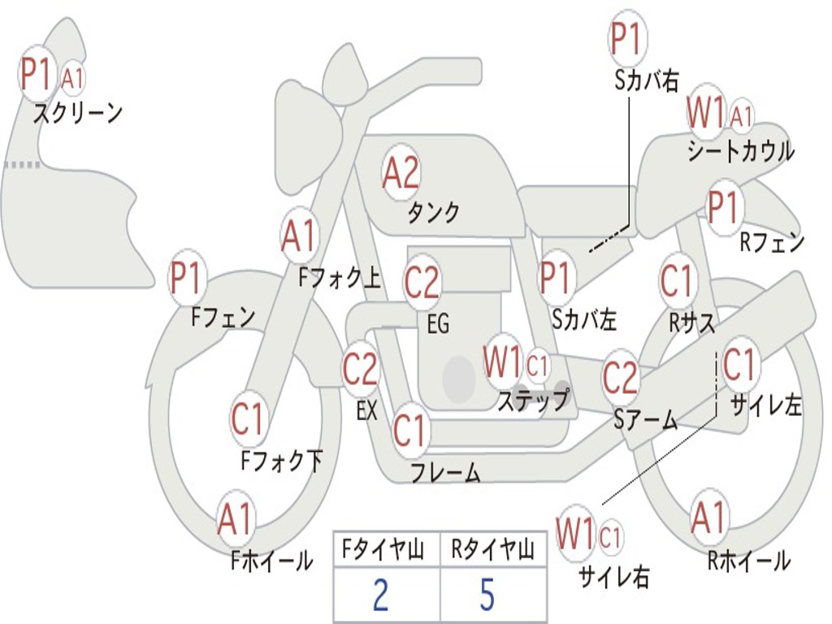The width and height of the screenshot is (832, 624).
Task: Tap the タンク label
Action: [x=433, y=213]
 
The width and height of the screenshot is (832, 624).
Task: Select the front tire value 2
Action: [x=380, y=595]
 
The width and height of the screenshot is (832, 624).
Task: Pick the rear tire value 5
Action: [x=487, y=595]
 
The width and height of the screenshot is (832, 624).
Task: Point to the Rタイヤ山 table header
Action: [x=492, y=552]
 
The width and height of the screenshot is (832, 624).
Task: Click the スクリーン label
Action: [x=77, y=113]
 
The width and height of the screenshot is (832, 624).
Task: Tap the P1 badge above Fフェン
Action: [x=188, y=279]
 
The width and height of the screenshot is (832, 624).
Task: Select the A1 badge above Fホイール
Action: [x=236, y=519]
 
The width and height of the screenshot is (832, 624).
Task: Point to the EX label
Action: [x=366, y=410]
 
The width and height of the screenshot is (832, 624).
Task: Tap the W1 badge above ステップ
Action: [x=502, y=362]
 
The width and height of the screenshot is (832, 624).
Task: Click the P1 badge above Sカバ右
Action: [x=626, y=39]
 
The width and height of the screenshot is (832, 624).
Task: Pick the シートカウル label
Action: [x=740, y=152]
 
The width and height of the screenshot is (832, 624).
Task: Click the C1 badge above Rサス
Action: [x=676, y=281]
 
